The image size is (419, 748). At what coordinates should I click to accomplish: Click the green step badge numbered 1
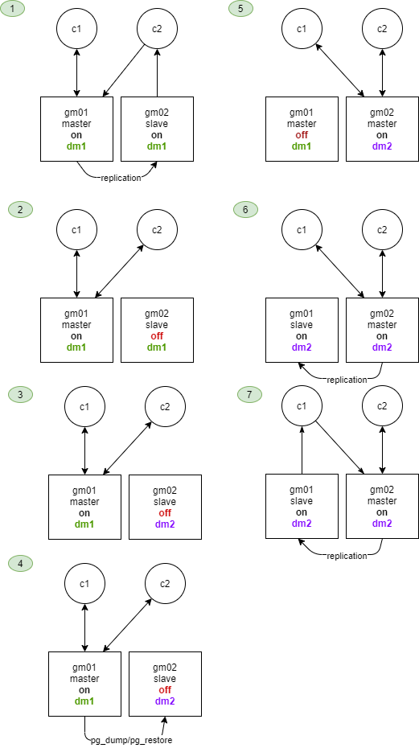pyautogui.click(x=12, y=9)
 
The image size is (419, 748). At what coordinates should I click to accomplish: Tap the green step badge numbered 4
pyautogui.click(x=21, y=563)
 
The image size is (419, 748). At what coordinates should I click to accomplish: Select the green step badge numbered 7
pyautogui.click(x=249, y=394)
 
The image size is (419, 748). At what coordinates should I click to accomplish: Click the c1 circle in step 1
pyautogui.click(x=76, y=29)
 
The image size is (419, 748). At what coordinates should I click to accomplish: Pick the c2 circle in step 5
pyautogui.click(x=382, y=29)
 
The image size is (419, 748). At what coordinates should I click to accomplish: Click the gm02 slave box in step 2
pyautogui.click(x=157, y=330)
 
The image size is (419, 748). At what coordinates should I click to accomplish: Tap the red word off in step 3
pyautogui.click(x=165, y=513)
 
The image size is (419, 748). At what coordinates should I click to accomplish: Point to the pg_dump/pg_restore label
pyautogui.click(x=131, y=741)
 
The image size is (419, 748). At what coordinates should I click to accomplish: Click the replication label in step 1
pyautogui.click(x=121, y=178)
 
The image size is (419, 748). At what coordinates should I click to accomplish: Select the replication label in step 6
pyautogui.click(x=347, y=380)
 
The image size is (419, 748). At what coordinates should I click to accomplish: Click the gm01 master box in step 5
pyautogui.click(x=302, y=129)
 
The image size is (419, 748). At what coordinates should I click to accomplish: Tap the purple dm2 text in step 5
pyautogui.click(x=382, y=146)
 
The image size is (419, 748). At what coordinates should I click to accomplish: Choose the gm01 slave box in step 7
pyautogui.click(x=302, y=506)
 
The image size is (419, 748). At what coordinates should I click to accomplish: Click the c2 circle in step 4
pyautogui.click(x=165, y=583)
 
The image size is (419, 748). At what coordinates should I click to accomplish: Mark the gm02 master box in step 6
pyautogui.click(x=382, y=330)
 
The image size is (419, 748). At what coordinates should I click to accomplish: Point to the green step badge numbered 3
pyautogui.click(x=21, y=394)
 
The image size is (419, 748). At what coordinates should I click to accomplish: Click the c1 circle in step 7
pyautogui.click(x=302, y=406)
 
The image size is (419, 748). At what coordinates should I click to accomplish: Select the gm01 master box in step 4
pyautogui.click(x=84, y=684)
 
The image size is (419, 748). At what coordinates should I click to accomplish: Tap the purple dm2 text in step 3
pyautogui.click(x=165, y=524)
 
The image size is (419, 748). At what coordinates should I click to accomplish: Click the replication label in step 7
pyautogui.click(x=347, y=556)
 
